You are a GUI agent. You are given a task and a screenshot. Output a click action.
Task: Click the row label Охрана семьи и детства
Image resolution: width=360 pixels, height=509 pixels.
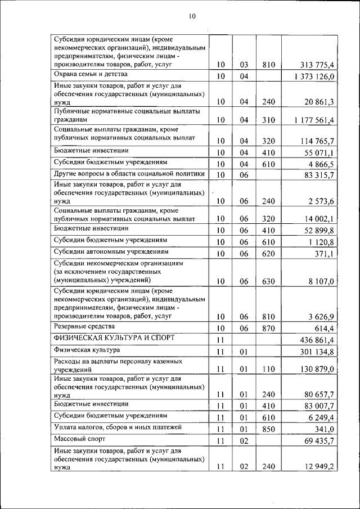tap(91, 74)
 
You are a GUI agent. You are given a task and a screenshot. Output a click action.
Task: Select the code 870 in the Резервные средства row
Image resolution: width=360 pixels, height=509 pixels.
tap(268, 328)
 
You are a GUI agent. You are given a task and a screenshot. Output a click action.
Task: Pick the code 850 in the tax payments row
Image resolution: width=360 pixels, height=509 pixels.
tap(268, 429)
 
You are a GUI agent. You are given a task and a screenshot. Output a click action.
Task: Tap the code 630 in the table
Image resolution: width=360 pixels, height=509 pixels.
tap(268, 282)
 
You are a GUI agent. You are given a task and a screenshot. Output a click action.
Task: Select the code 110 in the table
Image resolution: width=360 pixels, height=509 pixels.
tap(268, 369)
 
